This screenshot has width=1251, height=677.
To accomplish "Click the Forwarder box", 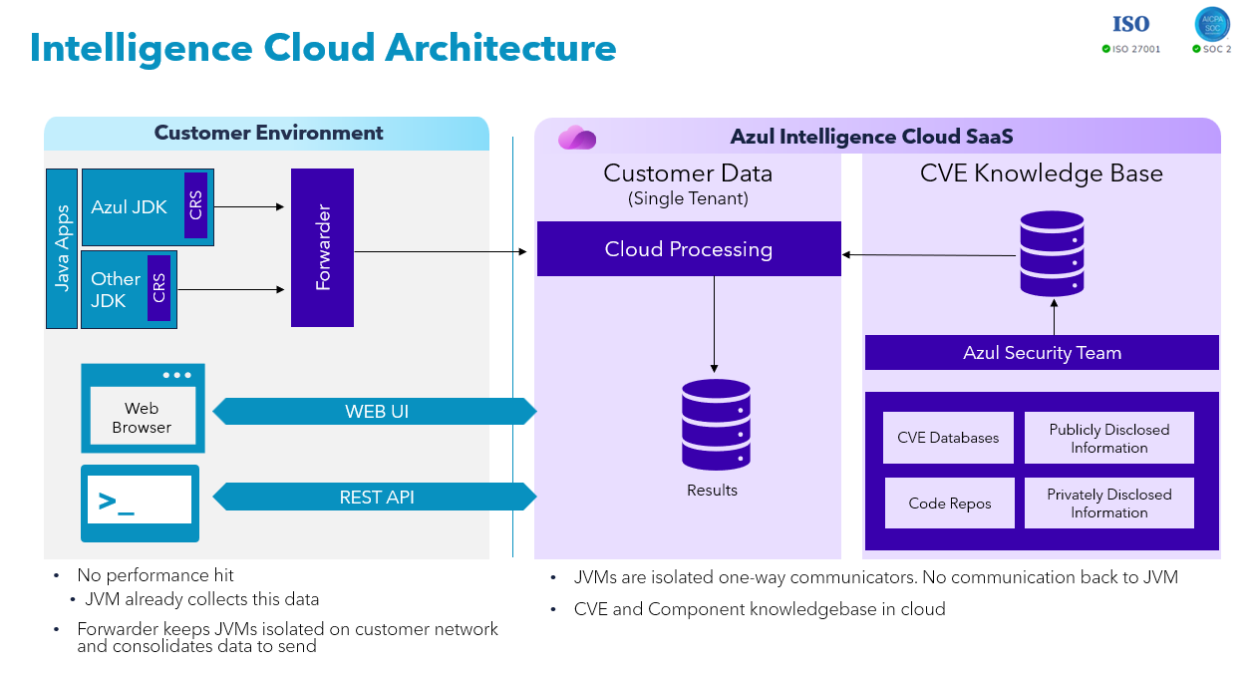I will click(x=322, y=247).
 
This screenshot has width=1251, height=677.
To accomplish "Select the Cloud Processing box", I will click(x=689, y=249).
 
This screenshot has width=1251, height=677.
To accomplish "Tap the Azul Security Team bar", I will click(x=1042, y=353).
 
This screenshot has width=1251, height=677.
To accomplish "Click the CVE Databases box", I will click(x=948, y=438).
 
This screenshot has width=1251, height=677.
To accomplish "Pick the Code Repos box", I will click(x=950, y=504).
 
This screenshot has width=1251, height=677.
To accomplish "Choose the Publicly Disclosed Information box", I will click(x=1108, y=439).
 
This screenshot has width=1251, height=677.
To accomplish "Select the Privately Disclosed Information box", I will click(x=1108, y=504).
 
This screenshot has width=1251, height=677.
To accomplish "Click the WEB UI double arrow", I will click(x=376, y=411).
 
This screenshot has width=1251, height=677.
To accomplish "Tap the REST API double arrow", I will click(x=376, y=497).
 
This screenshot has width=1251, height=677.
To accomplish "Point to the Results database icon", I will click(x=716, y=425).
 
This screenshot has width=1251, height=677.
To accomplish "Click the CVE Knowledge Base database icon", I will click(x=1052, y=253).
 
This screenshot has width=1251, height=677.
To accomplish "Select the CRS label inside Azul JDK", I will click(x=195, y=206).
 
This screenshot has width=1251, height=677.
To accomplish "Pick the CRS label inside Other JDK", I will click(x=158, y=288).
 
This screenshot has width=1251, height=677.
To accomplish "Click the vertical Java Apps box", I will click(x=62, y=248).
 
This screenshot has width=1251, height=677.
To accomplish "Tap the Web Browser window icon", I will click(x=143, y=408).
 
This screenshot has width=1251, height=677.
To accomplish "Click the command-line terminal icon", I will click(x=140, y=503).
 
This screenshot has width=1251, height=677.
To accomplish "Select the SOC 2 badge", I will click(x=1212, y=31).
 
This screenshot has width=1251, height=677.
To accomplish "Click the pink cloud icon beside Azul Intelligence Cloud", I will click(x=577, y=138).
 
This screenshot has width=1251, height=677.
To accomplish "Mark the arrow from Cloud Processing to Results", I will click(x=714, y=324).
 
